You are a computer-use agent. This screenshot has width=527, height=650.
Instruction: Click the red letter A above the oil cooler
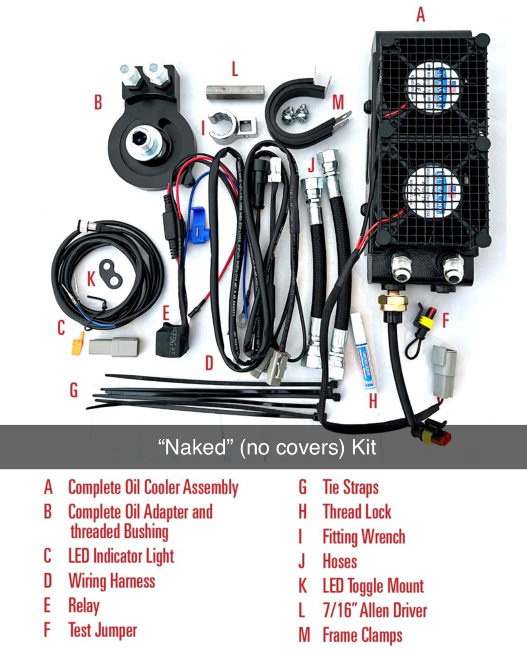[x=420, y=14]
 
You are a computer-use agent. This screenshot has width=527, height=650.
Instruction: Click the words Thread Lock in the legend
[x=357, y=512]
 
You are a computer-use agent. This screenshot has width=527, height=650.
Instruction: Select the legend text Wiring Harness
[x=112, y=581]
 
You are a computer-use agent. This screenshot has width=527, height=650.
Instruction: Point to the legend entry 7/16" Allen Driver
[x=375, y=610]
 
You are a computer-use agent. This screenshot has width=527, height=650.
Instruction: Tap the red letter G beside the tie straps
[x=73, y=390]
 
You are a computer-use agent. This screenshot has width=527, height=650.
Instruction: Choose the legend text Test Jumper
[x=102, y=630]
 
